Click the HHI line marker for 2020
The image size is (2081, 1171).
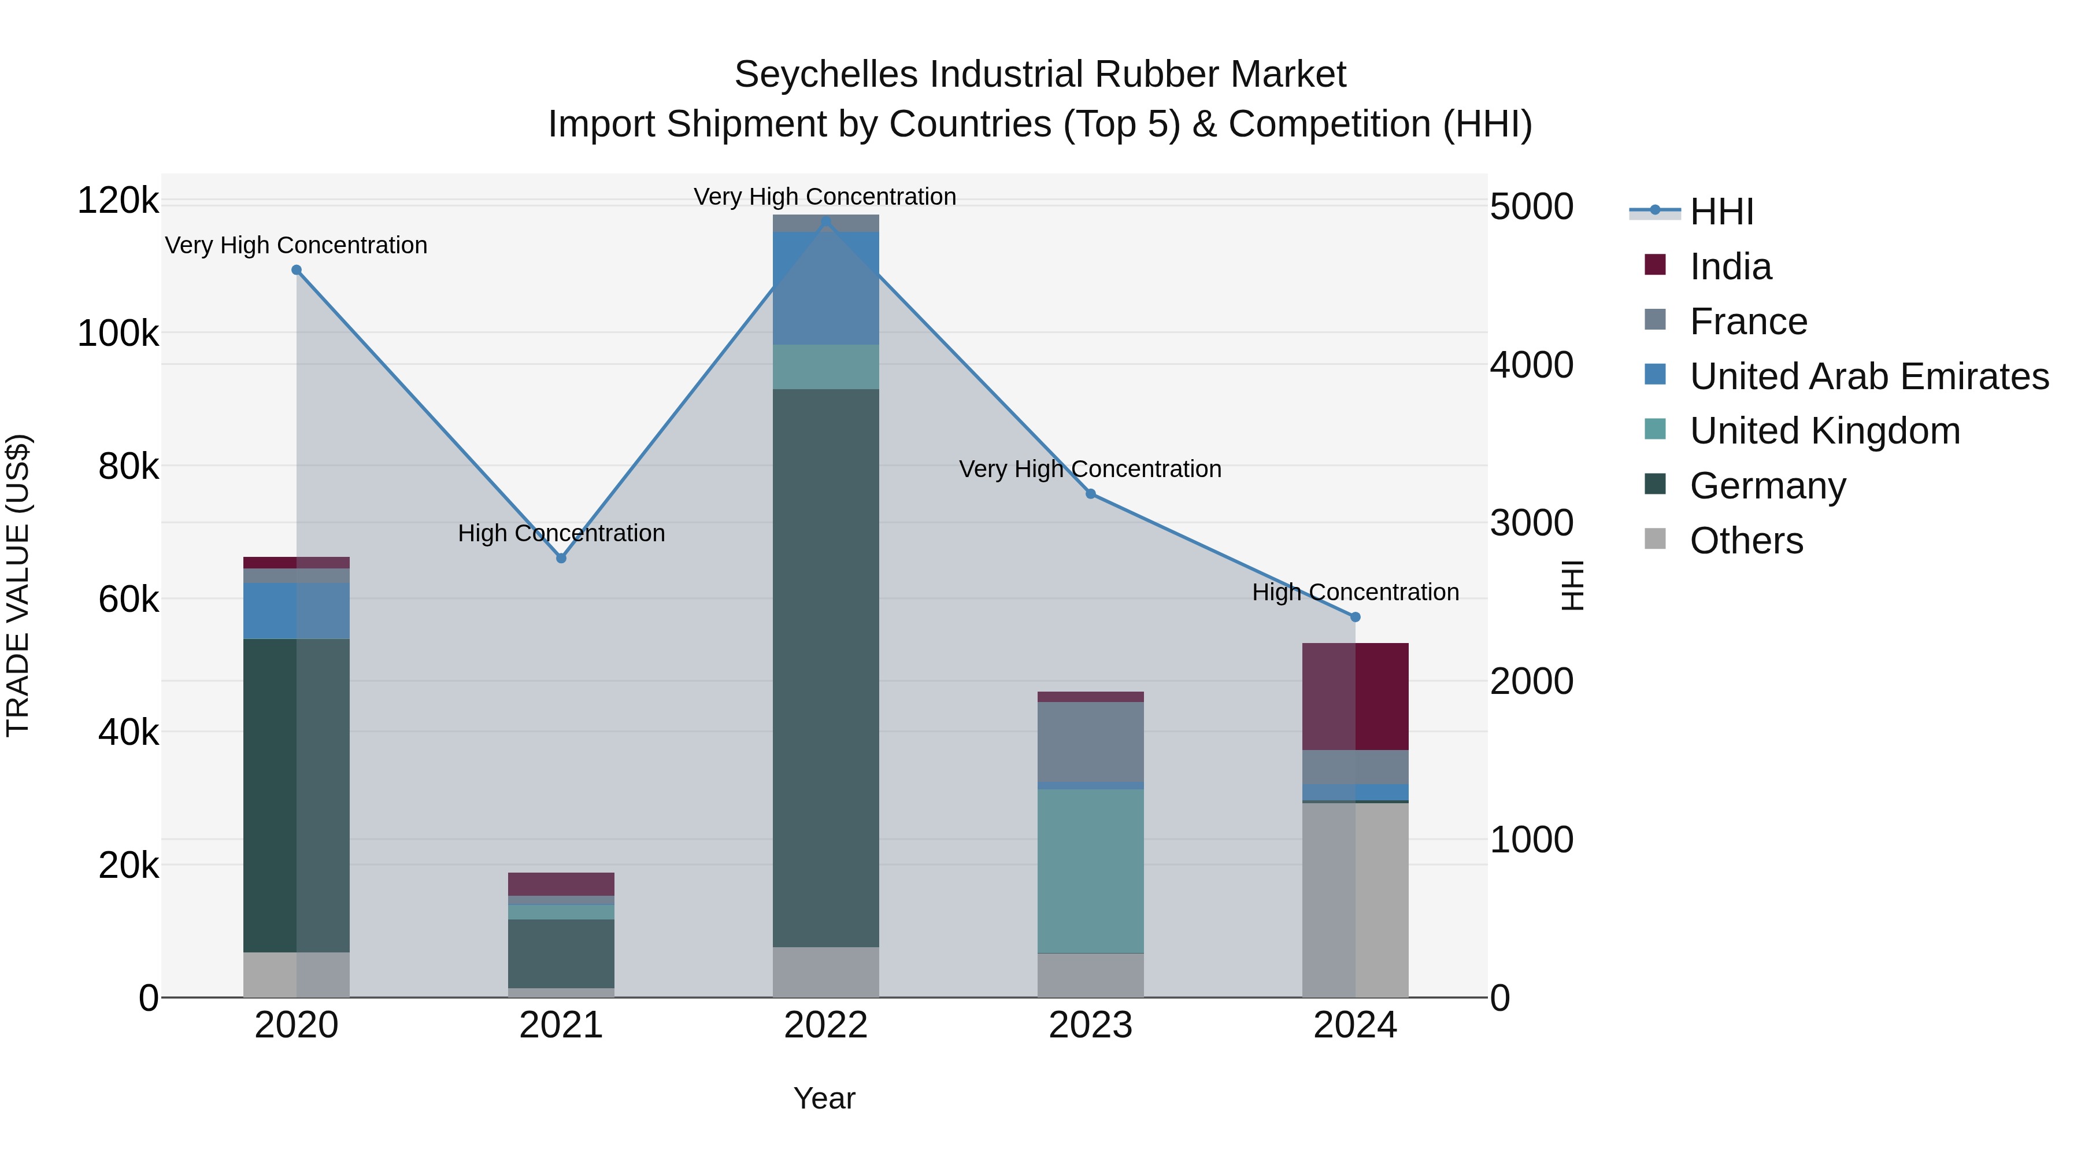pos(297,270)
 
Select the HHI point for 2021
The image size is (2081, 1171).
pos(561,557)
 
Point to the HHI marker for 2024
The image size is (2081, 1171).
pos(1356,616)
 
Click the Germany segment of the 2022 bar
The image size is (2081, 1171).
pos(825,667)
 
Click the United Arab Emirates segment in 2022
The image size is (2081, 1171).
pos(825,288)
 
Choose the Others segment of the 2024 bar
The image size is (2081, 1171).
pos(1356,899)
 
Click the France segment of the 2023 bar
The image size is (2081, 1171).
pos(1091,741)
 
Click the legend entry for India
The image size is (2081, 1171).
pos(1730,267)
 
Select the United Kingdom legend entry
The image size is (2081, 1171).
pos(1824,431)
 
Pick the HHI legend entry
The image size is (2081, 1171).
pos(1721,212)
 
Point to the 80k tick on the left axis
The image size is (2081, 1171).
pos(128,466)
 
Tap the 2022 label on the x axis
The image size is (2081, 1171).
pos(825,1025)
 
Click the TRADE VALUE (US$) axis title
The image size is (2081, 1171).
pos(18,585)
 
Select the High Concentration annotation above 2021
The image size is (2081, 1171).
pos(561,533)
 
